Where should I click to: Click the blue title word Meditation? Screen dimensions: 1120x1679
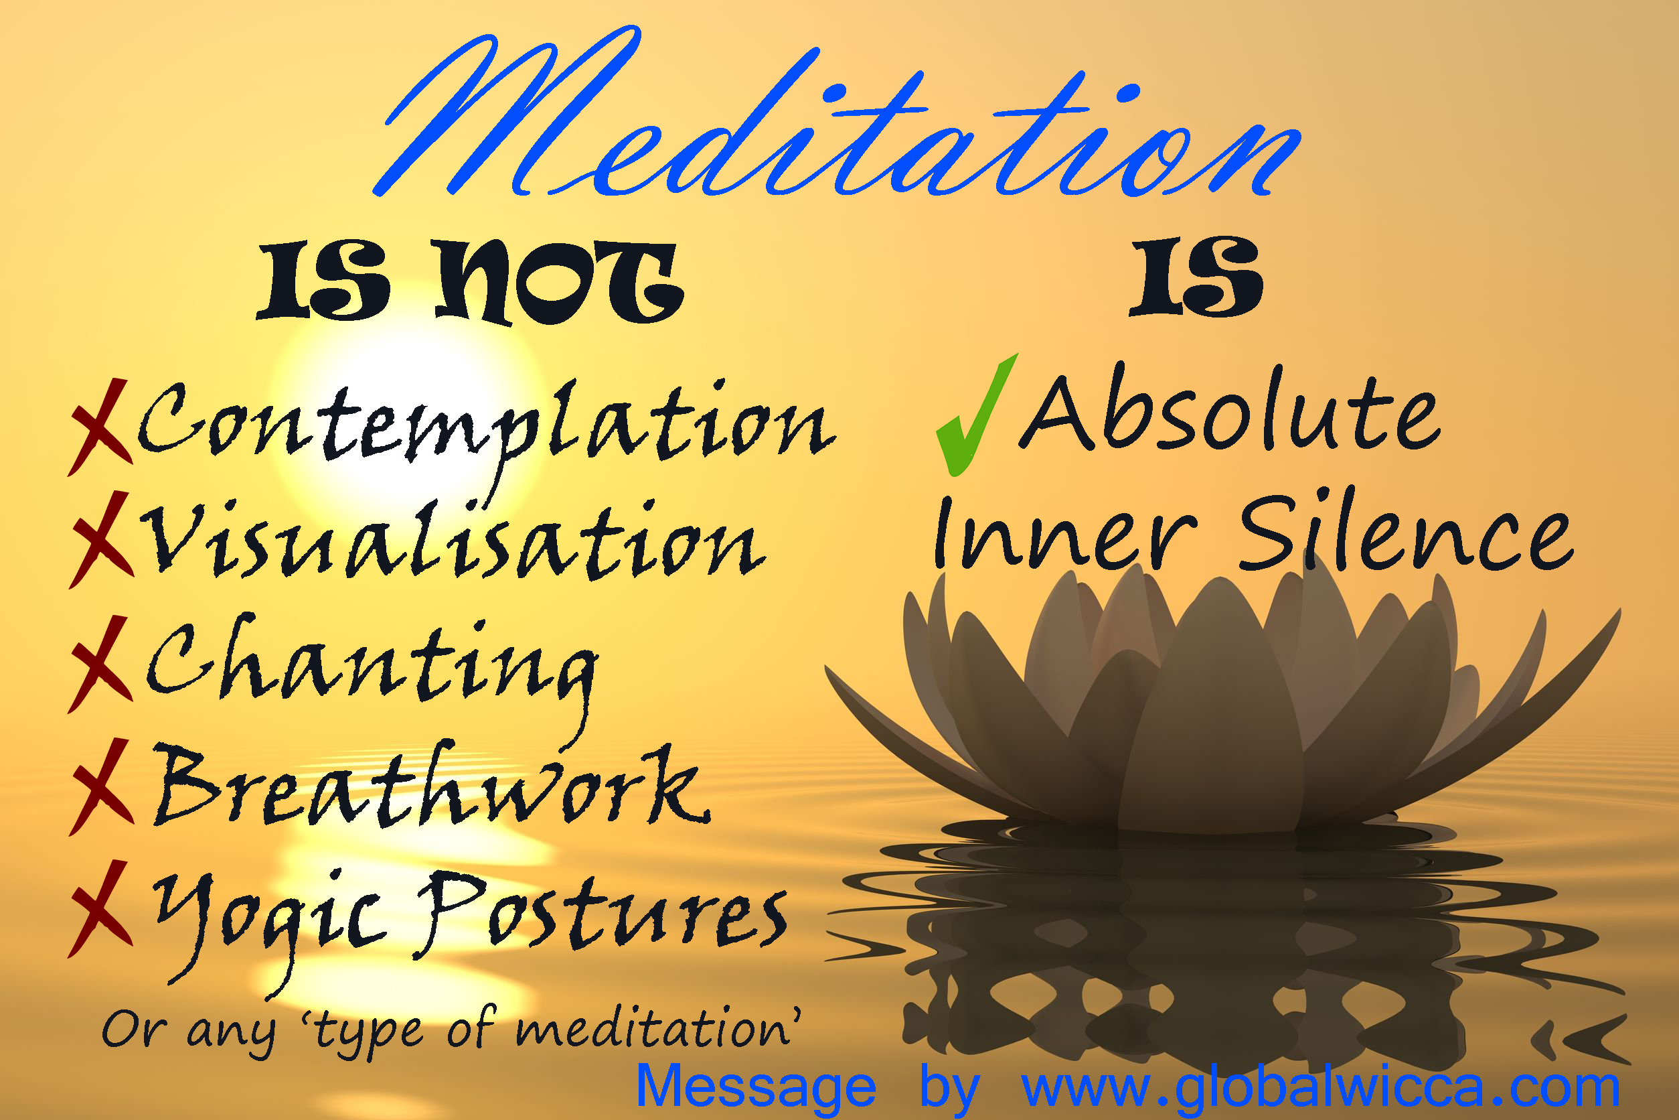point(835,121)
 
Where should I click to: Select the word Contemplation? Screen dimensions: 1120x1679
point(485,425)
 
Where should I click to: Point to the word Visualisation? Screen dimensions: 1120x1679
point(453,543)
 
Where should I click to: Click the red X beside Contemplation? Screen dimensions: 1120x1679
point(100,427)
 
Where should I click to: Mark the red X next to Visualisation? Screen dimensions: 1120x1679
point(101,539)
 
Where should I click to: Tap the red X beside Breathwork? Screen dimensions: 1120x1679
point(101,787)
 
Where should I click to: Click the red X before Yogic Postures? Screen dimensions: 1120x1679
point(100,908)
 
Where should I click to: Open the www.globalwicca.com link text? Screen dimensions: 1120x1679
point(1321,1087)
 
